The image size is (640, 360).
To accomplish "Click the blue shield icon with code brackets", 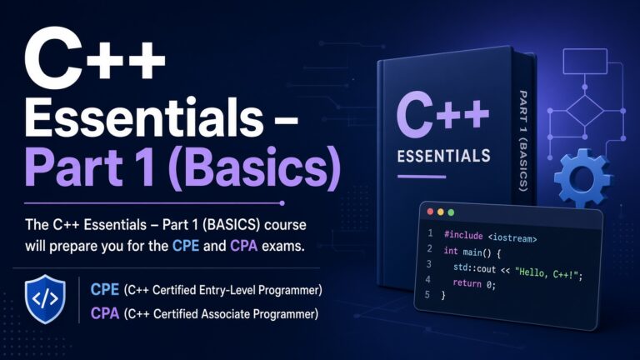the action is click(45, 299).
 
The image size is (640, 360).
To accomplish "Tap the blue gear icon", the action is click(582, 178).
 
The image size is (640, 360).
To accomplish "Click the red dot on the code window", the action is click(430, 212).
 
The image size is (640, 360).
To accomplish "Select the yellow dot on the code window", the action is click(440, 212).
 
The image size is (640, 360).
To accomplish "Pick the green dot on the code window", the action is click(451, 212).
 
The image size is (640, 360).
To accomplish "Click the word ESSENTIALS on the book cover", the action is click(443, 156).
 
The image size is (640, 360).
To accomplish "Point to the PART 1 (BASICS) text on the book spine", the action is click(523, 141).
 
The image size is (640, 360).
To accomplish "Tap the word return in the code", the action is click(467, 282).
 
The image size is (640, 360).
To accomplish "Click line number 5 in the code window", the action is click(427, 294).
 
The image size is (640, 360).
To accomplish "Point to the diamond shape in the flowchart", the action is click(585, 111).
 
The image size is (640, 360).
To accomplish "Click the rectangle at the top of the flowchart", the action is click(585, 61).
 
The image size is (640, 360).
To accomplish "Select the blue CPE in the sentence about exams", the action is click(186, 246).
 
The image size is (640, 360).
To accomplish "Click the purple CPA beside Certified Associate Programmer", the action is click(105, 313).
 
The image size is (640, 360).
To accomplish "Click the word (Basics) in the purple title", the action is click(254, 168).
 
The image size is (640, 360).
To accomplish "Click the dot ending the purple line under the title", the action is click(282, 202).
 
